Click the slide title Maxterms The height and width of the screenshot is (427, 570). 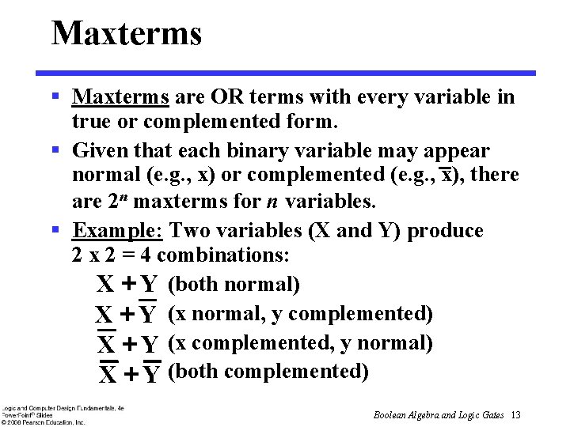point(127,33)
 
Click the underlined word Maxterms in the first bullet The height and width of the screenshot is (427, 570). point(120,97)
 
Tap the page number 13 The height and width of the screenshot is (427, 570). point(515,415)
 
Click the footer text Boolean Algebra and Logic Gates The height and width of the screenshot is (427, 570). point(439,415)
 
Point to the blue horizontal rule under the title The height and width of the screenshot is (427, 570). point(294,73)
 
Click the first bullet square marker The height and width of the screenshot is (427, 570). point(56,97)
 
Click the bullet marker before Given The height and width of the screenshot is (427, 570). point(56,150)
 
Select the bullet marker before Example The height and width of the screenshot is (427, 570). point(56,231)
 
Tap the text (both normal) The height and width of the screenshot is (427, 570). point(234,284)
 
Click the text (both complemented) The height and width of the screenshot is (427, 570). point(268,371)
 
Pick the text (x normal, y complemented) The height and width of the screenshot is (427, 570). point(301,314)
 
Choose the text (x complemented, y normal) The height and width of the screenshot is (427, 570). point(301,343)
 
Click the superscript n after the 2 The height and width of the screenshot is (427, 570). point(127,197)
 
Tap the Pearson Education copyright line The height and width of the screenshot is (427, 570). point(43,422)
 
